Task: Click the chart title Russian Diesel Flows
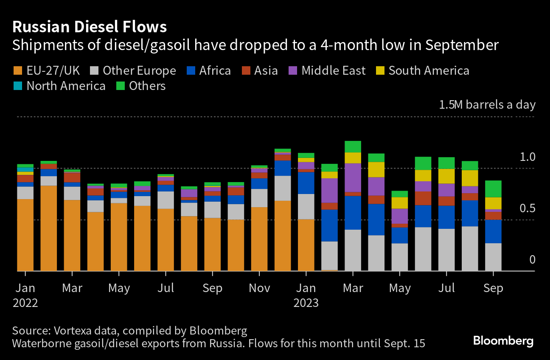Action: point(90,27)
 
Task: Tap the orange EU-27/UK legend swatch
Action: point(18,70)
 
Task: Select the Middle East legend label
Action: point(333,70)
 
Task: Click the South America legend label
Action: point(429,70)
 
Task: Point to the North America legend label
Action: point(66,86)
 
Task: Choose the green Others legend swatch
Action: point(121,86)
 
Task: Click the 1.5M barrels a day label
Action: point(487,104)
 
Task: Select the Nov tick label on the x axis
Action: point(259,288)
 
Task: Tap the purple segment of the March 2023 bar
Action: point(353,177)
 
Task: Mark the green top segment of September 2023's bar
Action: point(493,189)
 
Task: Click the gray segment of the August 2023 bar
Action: point(470,248)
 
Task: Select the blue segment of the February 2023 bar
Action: point(329,225)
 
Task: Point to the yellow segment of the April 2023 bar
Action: point(376,169)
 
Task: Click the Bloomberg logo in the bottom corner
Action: point(503,340)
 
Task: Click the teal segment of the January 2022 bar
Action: point(25,169)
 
